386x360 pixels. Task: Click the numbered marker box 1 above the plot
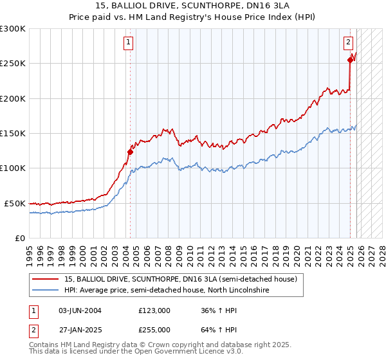pyautogui.click(x=129, y=43)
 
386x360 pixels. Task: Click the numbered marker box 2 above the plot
pyautogui.click(x=348, y=43)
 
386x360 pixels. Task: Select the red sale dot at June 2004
pyautogui.click(x=130, y=152)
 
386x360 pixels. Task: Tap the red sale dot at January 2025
pyautogui.click(x=350, y=60)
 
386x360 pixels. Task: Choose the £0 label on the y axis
pyautogui.click(x=19, y=238)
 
